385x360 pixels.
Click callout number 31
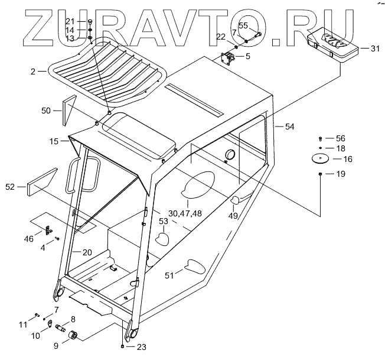tap(375, 48)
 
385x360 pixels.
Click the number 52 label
tap(10, 187)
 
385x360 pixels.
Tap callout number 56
tap(341, 138)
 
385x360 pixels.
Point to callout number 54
tap(289, 127)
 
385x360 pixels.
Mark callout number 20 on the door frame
tap(87, 252)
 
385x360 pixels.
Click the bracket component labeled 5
tap(227, 59)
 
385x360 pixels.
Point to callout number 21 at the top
tap(70, 21)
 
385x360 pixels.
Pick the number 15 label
tap(54, 141)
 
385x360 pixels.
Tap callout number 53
tap(162, 222)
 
